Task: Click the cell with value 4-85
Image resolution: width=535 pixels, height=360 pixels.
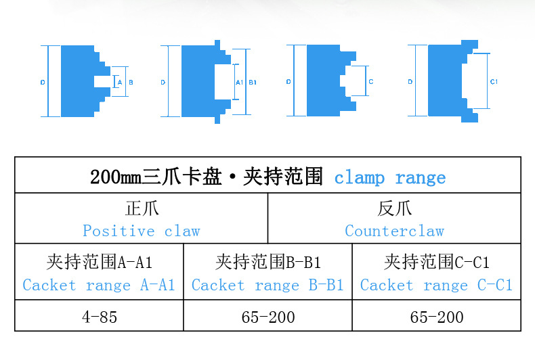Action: (x=99, y=317)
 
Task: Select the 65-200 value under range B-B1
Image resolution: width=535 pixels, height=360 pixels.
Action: (x=267, y=317)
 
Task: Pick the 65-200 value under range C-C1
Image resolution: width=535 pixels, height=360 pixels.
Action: (x=436, y=317)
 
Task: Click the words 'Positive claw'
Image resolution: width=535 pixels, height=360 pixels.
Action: (x=142, y=231)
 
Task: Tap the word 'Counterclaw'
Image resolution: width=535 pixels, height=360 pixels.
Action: (x=394, y=231)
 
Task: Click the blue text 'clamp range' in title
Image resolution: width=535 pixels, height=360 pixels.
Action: (x=390, y=178)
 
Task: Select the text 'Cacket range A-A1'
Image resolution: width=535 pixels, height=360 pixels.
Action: (x=99, y=285)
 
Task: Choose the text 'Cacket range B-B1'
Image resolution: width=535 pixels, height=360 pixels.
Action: (x=267, y=285)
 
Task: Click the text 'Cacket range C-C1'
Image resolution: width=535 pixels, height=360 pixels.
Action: (x=436, y=285)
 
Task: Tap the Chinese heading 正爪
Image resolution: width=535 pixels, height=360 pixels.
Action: (x=142, y=208)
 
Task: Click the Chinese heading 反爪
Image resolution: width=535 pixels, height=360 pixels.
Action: (x=394, y=208)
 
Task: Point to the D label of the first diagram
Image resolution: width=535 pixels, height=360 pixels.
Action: (x=42, y=82)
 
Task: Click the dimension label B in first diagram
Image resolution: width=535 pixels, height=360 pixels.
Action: (x=131, y=82)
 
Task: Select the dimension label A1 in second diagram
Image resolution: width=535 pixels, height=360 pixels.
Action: (x=238, y=82)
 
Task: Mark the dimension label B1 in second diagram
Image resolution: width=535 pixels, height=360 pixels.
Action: (x=252, y=82)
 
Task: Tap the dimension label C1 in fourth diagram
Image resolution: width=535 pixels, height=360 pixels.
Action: (x=494, y=82)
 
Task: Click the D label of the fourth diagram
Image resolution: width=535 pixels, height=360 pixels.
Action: (x=410, y=82)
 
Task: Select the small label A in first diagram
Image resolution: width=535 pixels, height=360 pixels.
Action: (x=119, y=82)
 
